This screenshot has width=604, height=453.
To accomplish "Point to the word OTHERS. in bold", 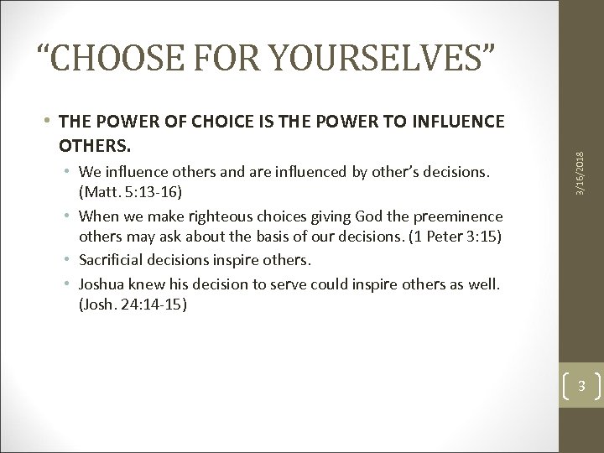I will pyautogui.click(x=95, y=146).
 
